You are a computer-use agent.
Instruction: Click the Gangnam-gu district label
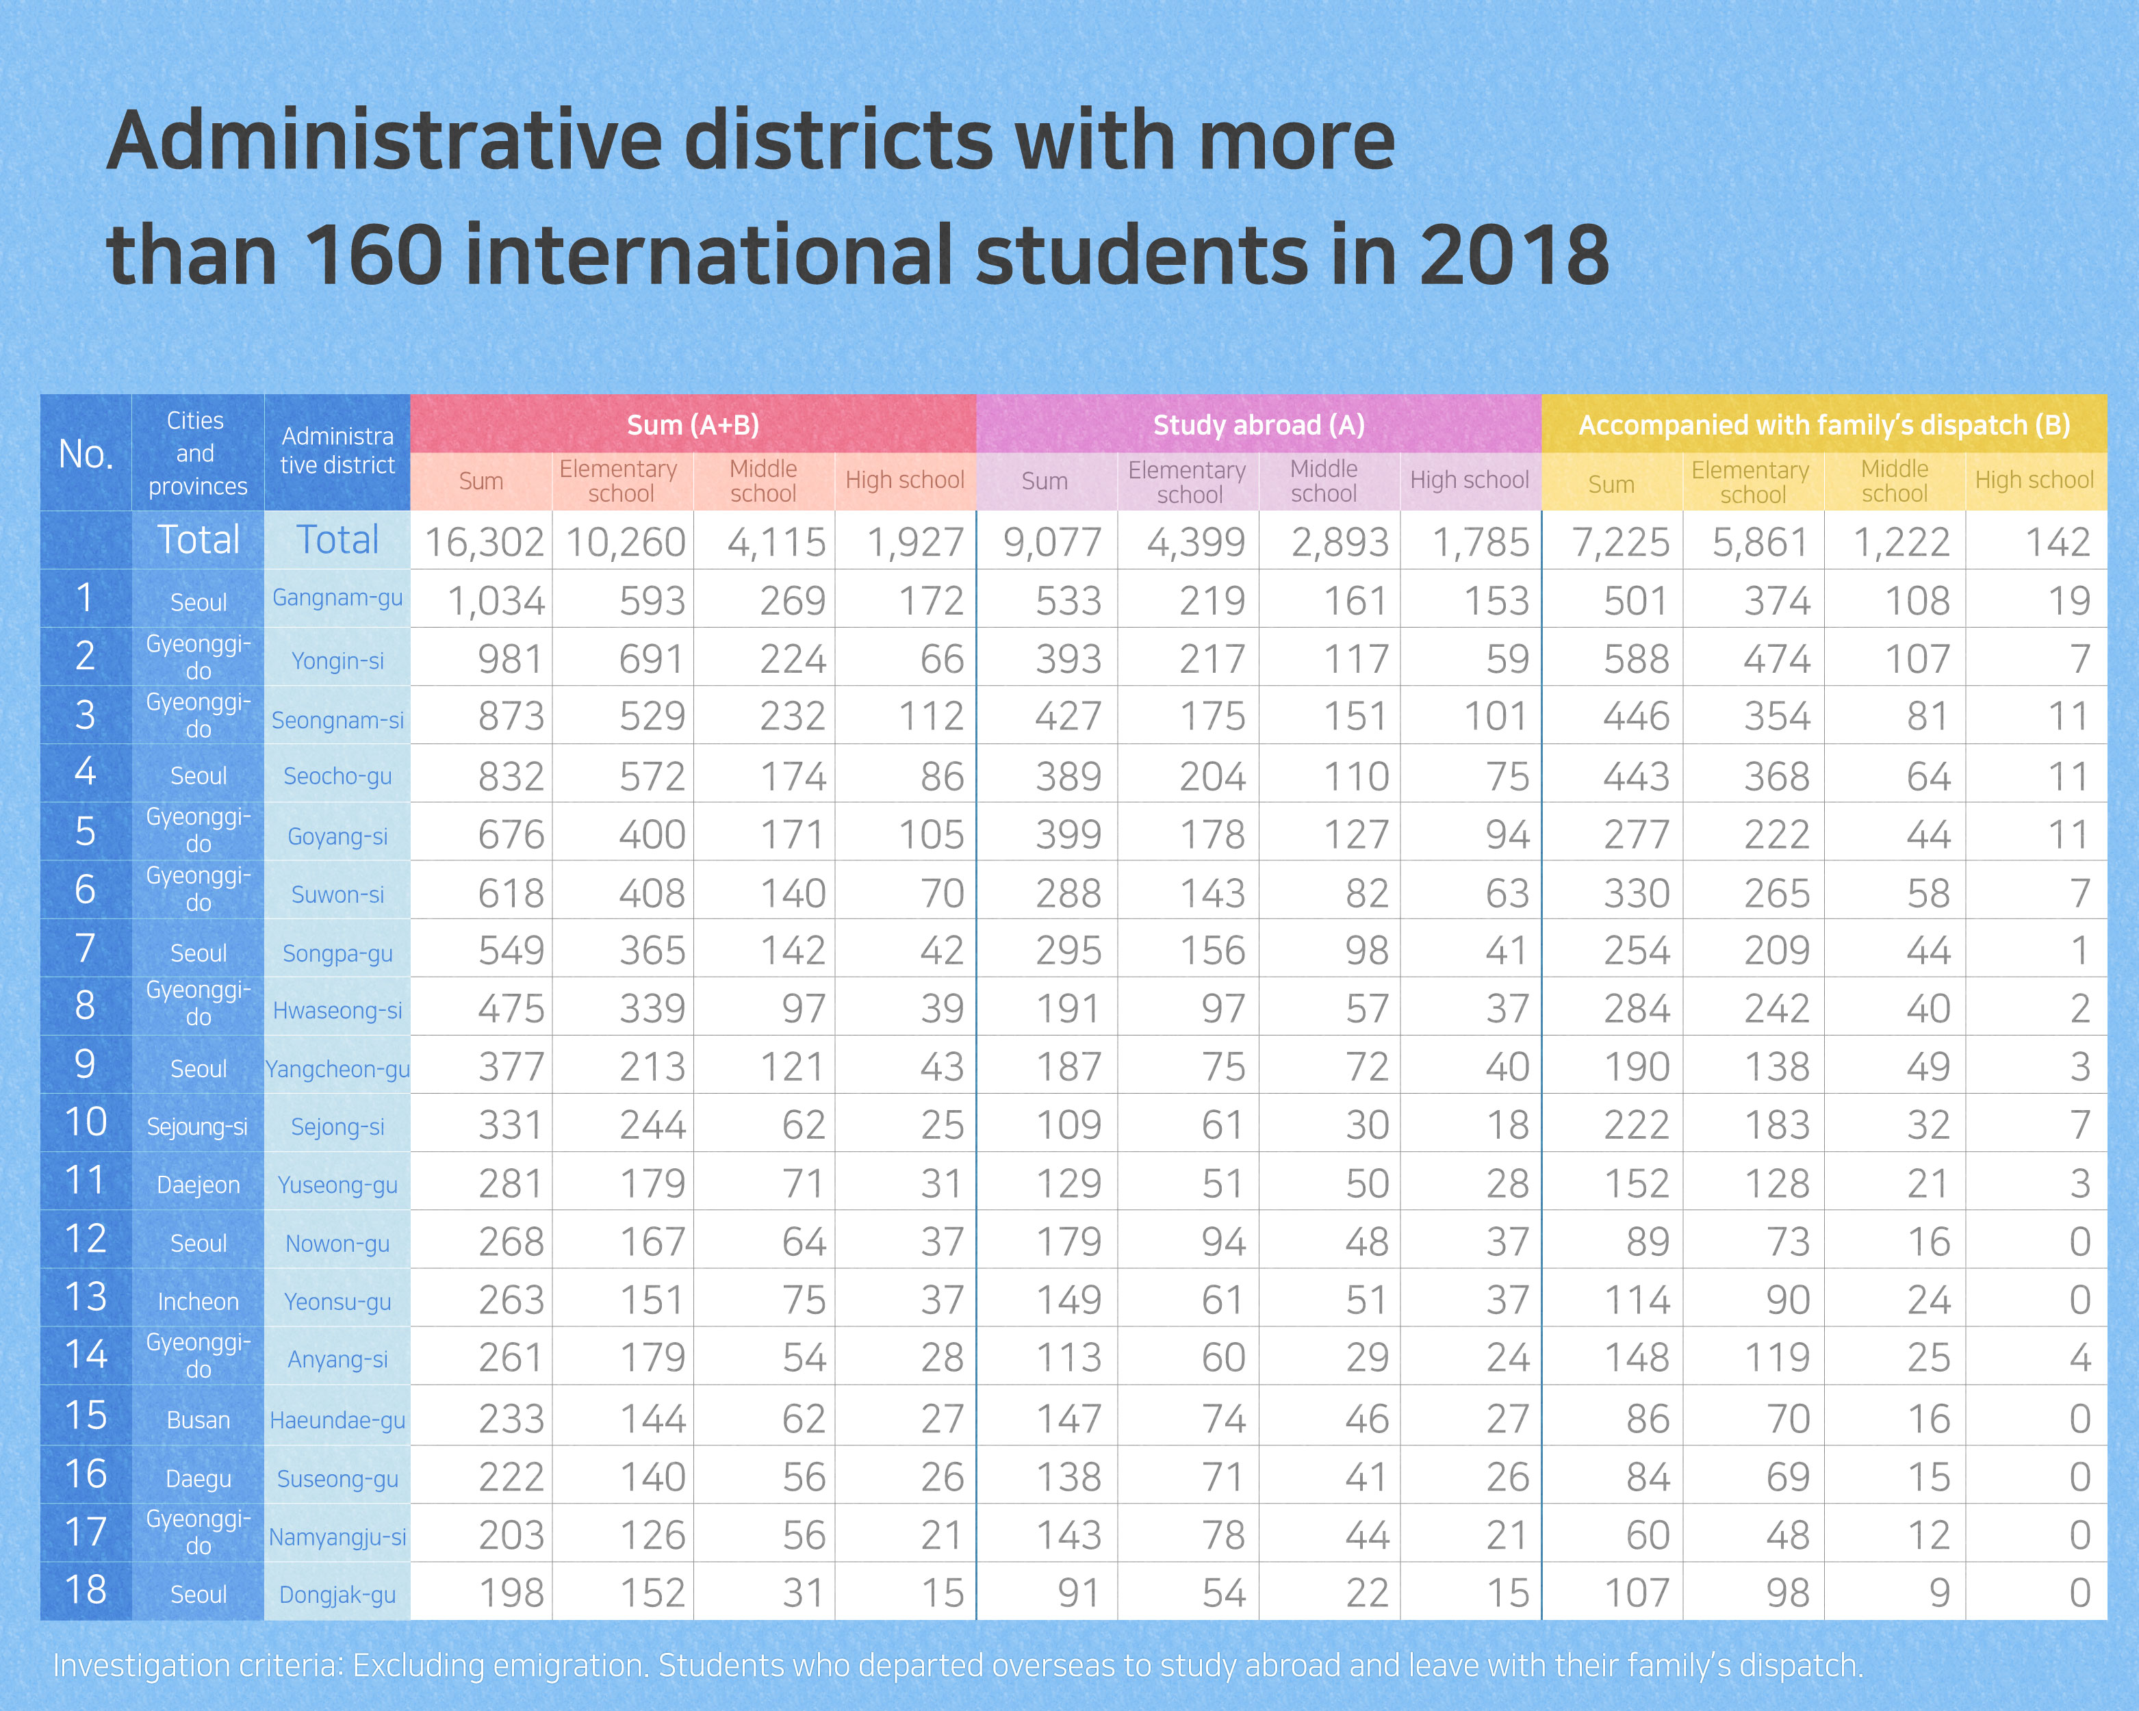tap(337, 598)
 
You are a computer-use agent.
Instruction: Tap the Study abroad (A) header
tap(1258, 424)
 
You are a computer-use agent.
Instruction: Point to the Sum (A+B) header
tap(693, 424)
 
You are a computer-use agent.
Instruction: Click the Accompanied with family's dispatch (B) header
tap(1823, 424)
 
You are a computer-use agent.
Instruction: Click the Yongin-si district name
tap(337, 660)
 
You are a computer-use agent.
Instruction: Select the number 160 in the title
tap(373, 255)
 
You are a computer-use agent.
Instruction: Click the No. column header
tap(86, 453)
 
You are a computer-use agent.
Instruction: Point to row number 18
tap(86, 1589)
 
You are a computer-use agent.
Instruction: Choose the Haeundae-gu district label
tap(337, 1420)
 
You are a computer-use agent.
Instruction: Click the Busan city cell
tap(198, 1420)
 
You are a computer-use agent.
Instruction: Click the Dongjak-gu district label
tap(337, 1595)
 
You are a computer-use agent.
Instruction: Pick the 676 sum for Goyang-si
tap(511, 835)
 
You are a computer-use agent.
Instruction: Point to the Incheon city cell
tap(198, 1301)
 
